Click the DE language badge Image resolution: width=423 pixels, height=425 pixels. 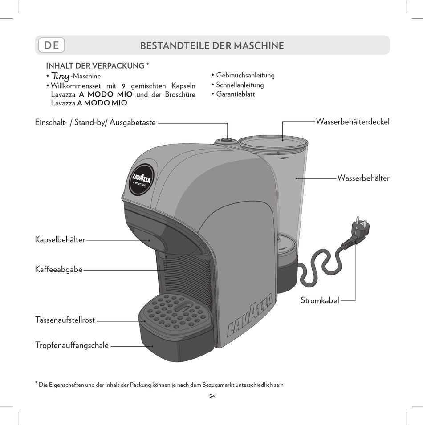pos(52,45)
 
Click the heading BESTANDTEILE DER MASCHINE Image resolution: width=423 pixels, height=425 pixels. pos(212,45)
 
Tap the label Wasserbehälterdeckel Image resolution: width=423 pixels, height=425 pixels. pos(352,121)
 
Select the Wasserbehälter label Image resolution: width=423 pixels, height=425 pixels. pos(363,178)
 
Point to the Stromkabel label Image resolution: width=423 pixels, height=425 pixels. pos(320,300)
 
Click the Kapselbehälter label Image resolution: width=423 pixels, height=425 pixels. pos(60,240)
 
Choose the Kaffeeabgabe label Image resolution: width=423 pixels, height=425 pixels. pos(58,269)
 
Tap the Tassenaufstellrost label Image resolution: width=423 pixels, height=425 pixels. pos(65,320)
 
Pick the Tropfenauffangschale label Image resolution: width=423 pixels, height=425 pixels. pos(72,345)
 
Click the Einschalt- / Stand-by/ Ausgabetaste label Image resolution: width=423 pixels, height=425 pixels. pos(95,122)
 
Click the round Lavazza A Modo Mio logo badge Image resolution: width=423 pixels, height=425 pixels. pos(142,179)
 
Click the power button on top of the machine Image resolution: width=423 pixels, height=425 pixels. pos(226,141)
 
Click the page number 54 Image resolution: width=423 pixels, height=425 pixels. pos(212,396)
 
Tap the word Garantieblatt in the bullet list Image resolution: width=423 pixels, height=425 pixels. pos(236,94)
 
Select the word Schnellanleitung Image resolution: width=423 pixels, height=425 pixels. pos(240,85)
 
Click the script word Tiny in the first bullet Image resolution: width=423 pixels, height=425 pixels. pos(60,76)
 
